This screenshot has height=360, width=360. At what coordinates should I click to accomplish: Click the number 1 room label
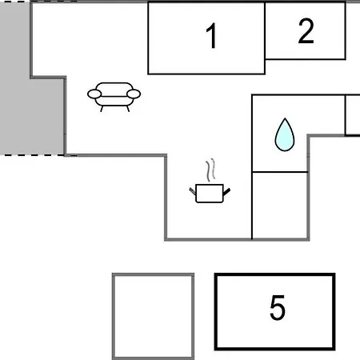(211, 35)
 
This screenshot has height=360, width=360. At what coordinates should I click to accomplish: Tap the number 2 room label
(306, 31)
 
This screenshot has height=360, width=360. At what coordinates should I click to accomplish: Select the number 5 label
(278, 307)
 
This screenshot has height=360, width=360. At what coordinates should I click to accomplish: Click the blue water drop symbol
(285, 134)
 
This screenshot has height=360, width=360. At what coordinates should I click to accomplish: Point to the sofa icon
(114, 97)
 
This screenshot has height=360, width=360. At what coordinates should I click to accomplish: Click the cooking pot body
(210, 194)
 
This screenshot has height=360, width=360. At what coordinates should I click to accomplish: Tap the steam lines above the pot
(210, 170)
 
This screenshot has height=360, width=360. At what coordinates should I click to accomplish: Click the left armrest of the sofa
(94, 94)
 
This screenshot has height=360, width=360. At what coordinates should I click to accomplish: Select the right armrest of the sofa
(134, 94)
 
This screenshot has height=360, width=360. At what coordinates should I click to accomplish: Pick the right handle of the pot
(226, 191)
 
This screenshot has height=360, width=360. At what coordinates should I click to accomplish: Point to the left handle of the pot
(192, 191)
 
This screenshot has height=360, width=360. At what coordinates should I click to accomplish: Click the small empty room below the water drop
(280, 206)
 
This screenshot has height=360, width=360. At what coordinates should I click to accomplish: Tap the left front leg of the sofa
(102, 109)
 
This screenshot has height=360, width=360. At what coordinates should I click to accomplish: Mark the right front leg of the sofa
(128, 109)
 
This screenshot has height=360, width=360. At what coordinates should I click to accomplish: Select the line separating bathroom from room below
(280, 172)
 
